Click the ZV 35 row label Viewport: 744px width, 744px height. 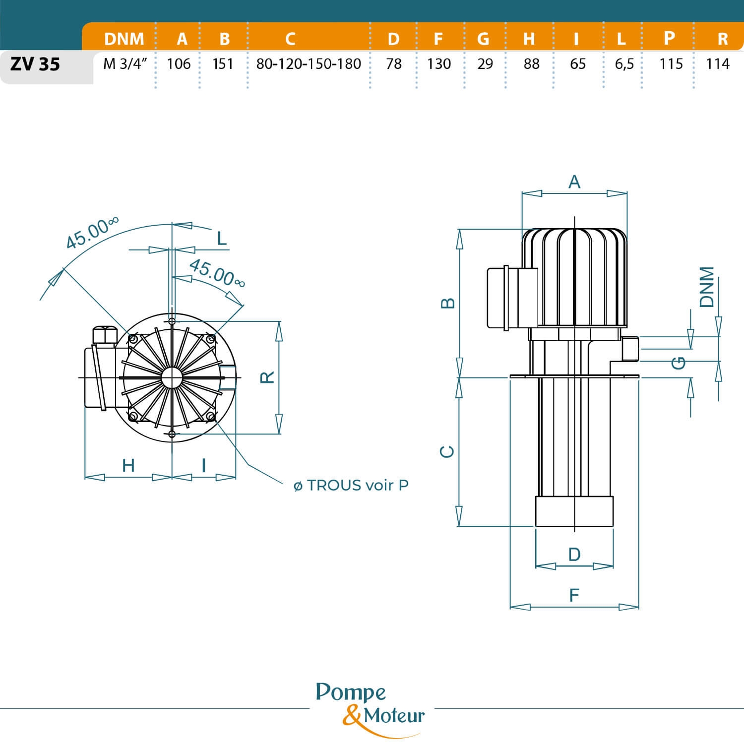[35, 64]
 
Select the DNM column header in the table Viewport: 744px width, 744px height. [124, 39]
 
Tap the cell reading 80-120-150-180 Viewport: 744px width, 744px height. [309, 64]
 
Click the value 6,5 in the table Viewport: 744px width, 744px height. [624, 64]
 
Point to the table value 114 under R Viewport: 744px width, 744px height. [718, 64]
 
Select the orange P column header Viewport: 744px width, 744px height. [669, 38]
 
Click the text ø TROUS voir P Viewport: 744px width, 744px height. [351, 485]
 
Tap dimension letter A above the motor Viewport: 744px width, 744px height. [574, 182]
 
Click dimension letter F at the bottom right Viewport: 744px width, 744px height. [574, 595]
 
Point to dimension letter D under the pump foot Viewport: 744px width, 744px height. [574, 554]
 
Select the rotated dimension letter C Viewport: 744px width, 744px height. [448, 451]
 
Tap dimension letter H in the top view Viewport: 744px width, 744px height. [128, 465]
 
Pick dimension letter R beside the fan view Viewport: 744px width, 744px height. [267, 377]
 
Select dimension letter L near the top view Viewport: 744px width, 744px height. [222, 239]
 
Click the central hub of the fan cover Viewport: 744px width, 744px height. [172, 377]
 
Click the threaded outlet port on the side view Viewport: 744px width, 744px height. [631, 348]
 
